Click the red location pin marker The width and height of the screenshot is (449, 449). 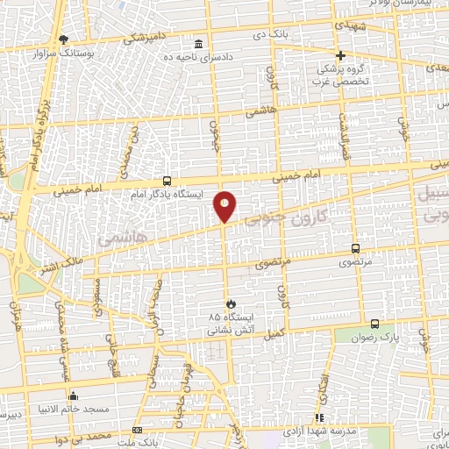tap(225, 206)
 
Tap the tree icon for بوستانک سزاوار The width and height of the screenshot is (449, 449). tap(63, 39)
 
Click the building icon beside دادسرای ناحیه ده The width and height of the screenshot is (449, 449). tap(199, 44)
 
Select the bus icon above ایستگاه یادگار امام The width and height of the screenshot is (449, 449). tap(167, 181)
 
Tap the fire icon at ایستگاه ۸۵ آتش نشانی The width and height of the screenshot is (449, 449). tap(230, 304)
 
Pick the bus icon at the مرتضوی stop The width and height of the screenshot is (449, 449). tap(355, 248)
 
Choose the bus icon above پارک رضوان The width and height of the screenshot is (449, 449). tap(375, 324)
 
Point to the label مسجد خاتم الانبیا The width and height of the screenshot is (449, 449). tap(73, 409)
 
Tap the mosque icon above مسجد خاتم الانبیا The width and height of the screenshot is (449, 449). tap(73, 395)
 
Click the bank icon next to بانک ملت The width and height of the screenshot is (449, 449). tap(137, 430)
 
